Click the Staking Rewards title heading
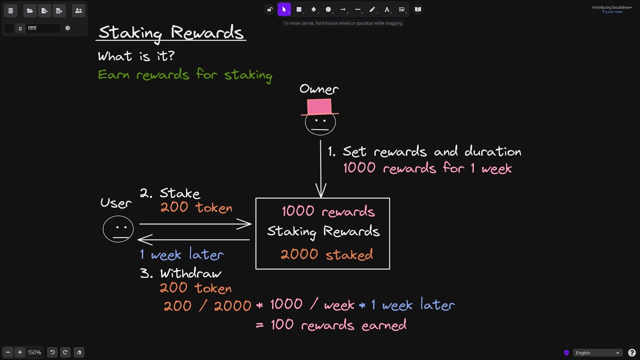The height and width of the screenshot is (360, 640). [171, 32]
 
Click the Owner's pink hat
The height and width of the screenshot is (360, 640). [319, 106]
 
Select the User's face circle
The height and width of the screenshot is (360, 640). [118, 229]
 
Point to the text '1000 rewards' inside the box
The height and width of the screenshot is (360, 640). [328, 211]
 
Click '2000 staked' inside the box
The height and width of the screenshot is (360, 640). [326, 254]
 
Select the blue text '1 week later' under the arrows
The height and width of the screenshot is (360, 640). [181, 254]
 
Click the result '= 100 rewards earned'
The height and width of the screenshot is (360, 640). [331, 325]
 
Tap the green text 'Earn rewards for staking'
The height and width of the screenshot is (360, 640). [185, 75]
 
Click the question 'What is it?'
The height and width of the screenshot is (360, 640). [136, 56]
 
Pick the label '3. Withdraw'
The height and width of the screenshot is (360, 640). [180, 273]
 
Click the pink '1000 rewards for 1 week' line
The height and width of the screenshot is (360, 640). [427, 168]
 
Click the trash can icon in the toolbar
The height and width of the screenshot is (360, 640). [10, 10]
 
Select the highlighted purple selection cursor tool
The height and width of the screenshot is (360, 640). [284, 9]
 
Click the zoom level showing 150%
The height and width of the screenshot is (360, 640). [34, 352]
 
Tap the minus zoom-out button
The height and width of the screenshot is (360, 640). [8, 352]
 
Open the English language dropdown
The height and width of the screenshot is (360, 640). [597, 352]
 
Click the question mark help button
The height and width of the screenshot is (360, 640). [632, 352]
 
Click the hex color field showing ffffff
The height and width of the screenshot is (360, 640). [42, 28]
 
